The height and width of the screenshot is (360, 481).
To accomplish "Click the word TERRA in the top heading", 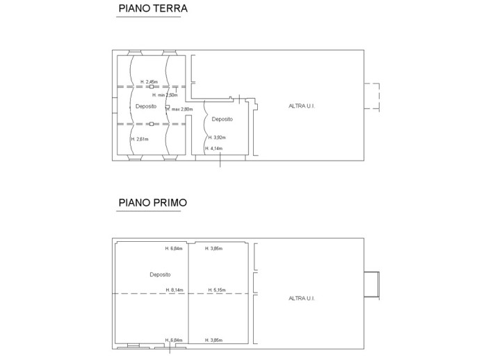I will coord(170,9).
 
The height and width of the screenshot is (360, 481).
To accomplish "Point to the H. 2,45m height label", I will coord(148,82).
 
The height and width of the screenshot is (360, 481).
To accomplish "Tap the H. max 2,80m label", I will coord(179,109).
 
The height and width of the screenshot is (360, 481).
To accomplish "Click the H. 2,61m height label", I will coord(140,139).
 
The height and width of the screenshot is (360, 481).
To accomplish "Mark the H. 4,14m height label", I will coord(214,148).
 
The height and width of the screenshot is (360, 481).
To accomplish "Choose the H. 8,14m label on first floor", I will coord(174,290).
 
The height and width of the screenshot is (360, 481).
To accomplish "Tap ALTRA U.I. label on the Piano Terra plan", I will coord(302,106).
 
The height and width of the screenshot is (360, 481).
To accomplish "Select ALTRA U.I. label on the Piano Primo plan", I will coord(302,298).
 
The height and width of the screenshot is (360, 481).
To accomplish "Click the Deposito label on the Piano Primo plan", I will coord(160,275).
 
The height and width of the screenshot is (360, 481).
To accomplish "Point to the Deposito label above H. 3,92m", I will coord(222,120).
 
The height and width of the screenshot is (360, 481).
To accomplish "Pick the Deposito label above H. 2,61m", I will coord(146,106).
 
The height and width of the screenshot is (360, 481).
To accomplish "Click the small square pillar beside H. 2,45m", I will coord(161,86).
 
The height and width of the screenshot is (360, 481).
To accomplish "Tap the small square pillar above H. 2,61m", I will coord(151,124).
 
